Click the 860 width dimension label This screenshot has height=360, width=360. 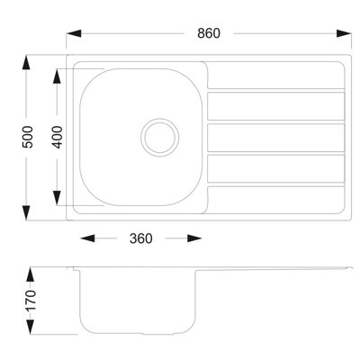209,33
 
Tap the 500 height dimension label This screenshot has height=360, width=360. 29,137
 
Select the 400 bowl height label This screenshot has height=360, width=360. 58,137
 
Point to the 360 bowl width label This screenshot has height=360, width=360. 141,238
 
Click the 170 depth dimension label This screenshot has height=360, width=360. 31,301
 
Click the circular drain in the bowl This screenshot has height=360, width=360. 160,138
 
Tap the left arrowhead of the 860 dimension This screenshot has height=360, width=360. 74,33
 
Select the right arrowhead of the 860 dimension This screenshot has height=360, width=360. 344,33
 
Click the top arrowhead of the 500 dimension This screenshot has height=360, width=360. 26,63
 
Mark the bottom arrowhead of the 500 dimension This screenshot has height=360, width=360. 26,213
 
